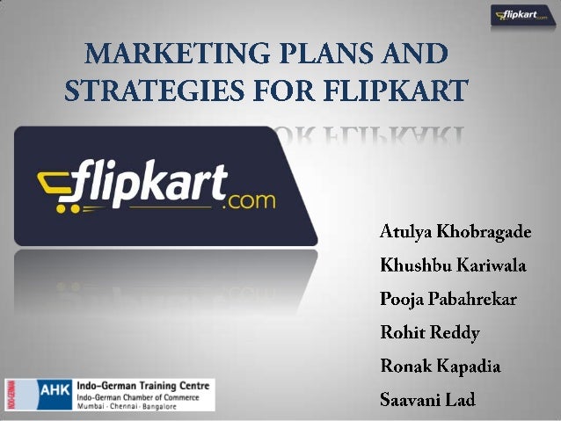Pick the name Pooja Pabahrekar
[x=448, y=300]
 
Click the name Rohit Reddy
[x=428, y=333]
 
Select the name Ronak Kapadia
[x=439, y=367]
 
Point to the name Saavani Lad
[x=427, y=400]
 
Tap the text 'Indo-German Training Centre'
[x=144, y=384]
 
